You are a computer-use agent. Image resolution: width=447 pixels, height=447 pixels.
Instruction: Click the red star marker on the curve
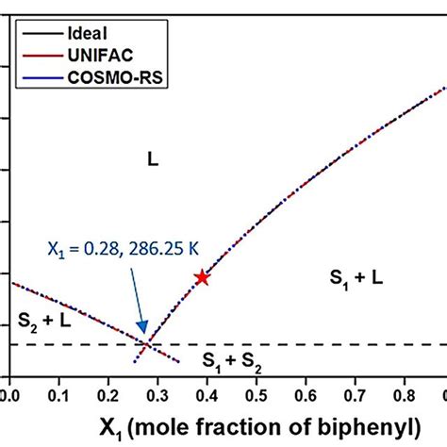(x=201, y=277)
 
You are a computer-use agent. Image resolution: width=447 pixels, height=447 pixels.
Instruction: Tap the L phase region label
(x=152, y=161)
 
